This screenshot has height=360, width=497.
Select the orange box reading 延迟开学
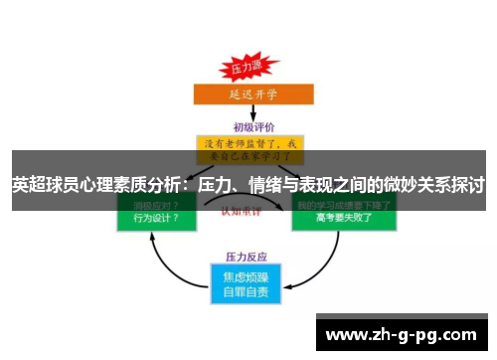(248, 95)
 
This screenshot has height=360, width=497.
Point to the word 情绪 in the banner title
(264, 185)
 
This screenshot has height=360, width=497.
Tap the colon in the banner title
(188, 185)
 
